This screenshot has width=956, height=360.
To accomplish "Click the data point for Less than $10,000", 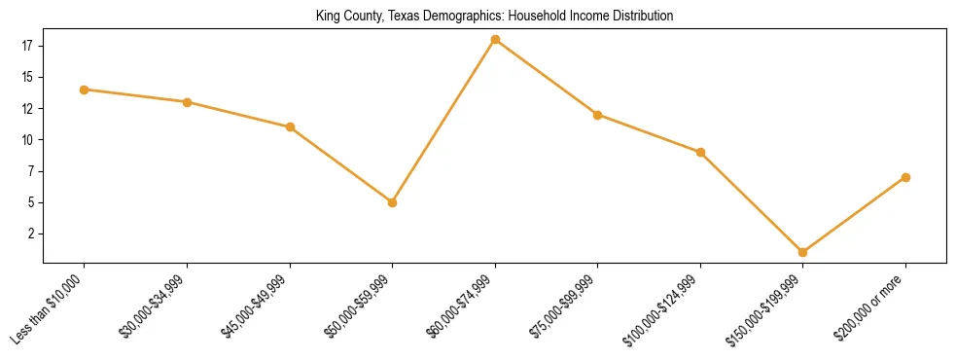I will pyautogui.click(x=84, y=90).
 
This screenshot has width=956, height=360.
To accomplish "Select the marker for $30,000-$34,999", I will pyautogui.click(x=187, y=102).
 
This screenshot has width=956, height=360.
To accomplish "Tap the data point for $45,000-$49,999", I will pyautogui.click(x=290, y=127).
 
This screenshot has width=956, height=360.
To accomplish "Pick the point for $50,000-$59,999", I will pyautogui.click(x=392, y=202).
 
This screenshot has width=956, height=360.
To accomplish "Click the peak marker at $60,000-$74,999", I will pyautogui.click(x=495, y=40).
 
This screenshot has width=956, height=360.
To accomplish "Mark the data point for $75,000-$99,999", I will pyautogui.click(x=597, y=115).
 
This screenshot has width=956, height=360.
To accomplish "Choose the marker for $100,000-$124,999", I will pyautogui.click(x=700, y=152).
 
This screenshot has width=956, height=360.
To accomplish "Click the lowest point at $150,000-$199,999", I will pyautogui.click(x=802, y=252).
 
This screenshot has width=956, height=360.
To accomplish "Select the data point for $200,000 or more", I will pyautogui.click(x=905, y=177).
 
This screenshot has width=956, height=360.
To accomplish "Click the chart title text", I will pyautogui.click(x=494, y=17).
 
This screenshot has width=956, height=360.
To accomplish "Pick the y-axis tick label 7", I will pyautogui.click(x=30, y=171).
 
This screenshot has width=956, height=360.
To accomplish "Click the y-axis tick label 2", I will pyautogui.click(x=30, y=234).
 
